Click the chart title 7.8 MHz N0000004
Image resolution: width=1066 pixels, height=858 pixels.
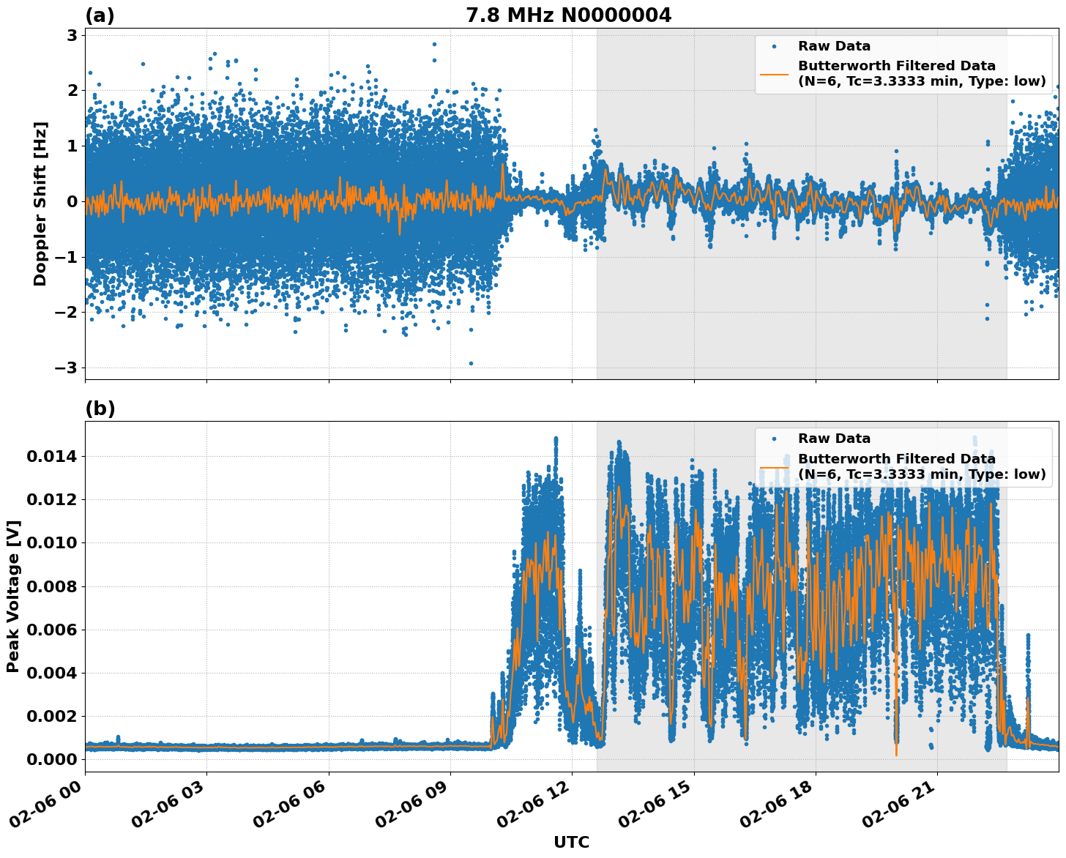568,15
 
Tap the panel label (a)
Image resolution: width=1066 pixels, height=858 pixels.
100,15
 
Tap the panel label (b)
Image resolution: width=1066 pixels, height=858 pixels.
100,409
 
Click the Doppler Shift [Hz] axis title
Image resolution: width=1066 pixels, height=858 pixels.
40,204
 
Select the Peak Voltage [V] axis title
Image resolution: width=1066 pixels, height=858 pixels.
13,596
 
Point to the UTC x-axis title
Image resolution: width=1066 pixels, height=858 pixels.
571,842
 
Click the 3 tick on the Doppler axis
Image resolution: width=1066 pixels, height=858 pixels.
72,35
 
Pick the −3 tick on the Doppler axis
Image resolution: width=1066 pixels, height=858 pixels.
67,368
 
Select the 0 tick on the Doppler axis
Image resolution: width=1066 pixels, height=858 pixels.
72,201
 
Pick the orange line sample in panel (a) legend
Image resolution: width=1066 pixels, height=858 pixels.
774,74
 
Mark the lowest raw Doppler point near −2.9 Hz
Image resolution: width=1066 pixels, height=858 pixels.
471,363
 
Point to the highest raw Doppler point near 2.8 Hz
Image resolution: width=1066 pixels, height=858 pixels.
434,44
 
